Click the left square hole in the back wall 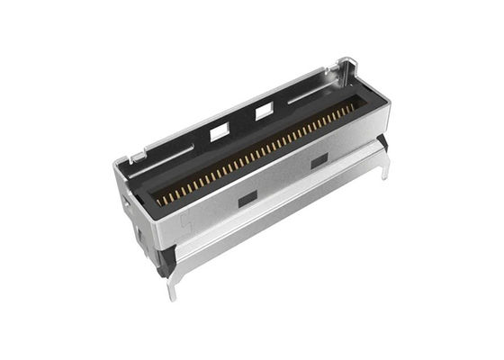pyautogui.click(x=219, y=132)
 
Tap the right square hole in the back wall pyautogui.click(x=265, y=112)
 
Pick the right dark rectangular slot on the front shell pyautogui.click(x=319, y=160)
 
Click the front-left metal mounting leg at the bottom pyautogui.click(x=172, y=286)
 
